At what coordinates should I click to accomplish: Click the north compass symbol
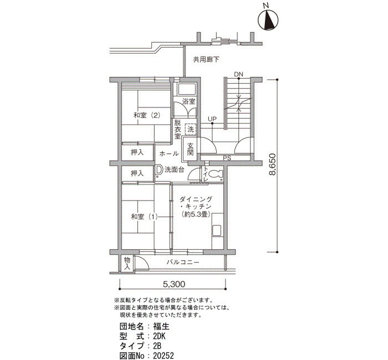pos(268,20)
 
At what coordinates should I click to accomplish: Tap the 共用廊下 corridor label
pos(206,60)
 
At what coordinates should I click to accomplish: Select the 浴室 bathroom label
pos(189,101)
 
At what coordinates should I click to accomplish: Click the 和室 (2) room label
pos(147,115)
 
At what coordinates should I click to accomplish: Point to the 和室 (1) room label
pos(144,217)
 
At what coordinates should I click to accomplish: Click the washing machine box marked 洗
pos(190,129)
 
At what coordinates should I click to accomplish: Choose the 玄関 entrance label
pos(190,149)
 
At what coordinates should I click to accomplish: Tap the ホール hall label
pos(169,153)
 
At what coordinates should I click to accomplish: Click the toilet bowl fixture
pos(215,174)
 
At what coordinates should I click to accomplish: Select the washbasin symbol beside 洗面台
pos(159,170)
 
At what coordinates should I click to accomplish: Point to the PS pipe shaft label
pos(227,158)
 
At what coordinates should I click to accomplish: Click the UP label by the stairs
pos(212,119)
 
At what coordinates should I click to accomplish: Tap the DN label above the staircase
pos(238,74)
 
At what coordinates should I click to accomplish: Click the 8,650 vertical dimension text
pos(272,164)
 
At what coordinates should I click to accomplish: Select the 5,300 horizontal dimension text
pos(174,284)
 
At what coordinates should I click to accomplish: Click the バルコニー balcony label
pos(182,262)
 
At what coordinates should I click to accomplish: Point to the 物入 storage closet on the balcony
pos(127,263)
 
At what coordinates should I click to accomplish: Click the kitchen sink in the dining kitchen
pos(217,231)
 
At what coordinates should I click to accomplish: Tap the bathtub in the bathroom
pos(187,89)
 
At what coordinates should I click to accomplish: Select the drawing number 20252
pos(164,356)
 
